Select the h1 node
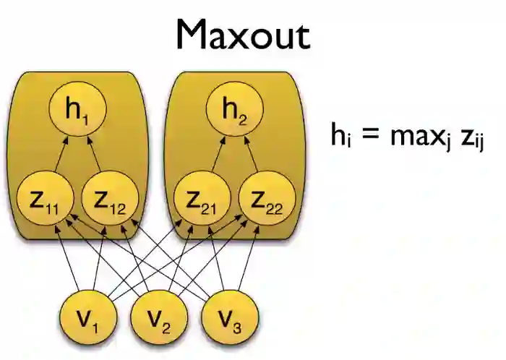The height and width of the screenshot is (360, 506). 77,111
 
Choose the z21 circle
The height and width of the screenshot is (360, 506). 202,198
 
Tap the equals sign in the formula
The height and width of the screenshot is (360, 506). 370,136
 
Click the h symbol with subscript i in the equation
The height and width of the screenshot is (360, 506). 340,135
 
